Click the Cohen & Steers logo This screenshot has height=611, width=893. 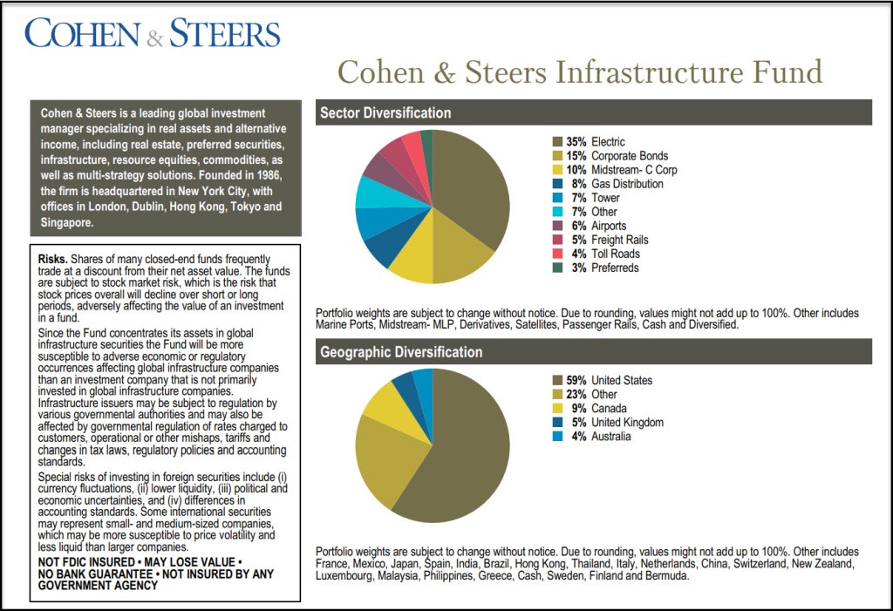pos(153,34)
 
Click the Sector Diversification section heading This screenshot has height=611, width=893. pos(385,112)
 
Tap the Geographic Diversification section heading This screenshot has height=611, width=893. pos(401,352)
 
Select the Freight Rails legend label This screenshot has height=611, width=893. pos(619,240)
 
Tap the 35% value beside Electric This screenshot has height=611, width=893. pos(576,141)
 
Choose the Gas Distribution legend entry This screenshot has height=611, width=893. pos(626,184)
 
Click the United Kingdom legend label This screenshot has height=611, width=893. pos(627,423)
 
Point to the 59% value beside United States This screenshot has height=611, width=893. pos(576,381)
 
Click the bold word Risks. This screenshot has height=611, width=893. pos(52,259)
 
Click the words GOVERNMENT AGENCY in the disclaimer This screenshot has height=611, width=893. pos(98,586)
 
